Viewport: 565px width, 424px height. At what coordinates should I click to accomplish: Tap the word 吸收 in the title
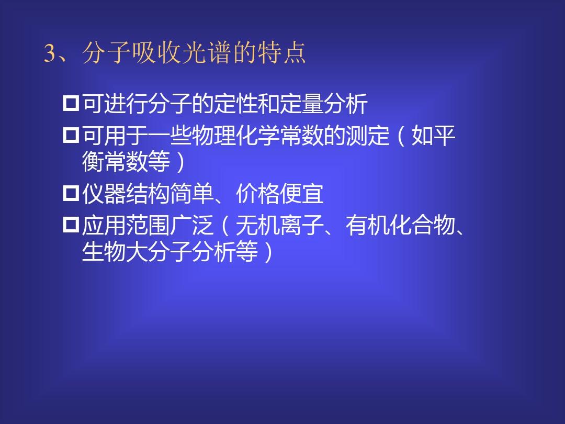156,53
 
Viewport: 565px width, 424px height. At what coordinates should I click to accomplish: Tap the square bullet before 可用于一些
71,136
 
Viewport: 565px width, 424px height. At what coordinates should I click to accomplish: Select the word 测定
368,136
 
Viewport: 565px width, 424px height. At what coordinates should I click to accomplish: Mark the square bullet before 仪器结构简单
71,193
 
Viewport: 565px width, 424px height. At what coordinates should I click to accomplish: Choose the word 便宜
302,194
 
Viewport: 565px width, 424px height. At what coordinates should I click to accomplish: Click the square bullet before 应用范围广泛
71,225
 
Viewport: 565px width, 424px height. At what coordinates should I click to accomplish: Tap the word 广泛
192,225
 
